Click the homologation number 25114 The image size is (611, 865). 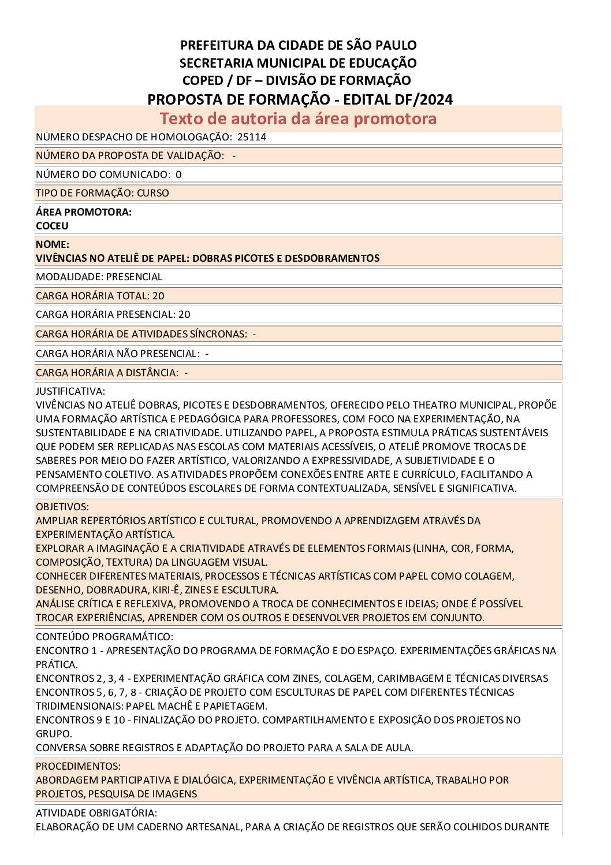(252, 137)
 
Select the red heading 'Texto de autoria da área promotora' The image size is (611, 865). (298, 118)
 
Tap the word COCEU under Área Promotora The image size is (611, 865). (52, 226)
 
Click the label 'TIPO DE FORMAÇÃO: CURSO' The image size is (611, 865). (102, 193)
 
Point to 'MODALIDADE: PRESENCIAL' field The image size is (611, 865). (99, 277)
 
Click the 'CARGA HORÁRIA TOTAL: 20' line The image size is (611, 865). (100, 296)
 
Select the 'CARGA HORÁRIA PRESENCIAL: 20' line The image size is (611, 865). (113, 314)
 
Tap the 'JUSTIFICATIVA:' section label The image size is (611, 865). (70, 391)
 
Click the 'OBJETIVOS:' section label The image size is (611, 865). (62, 507)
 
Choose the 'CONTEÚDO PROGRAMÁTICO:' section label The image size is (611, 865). (104, 637)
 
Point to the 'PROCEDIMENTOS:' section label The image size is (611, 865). (78, 766)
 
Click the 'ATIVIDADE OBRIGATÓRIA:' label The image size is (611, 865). (96, 813)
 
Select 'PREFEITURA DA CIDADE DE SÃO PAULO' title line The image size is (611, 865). (298, 45)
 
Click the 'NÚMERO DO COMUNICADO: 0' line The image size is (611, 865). (109, 175)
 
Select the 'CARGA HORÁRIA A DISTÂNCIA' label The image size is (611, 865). (107, 373)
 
